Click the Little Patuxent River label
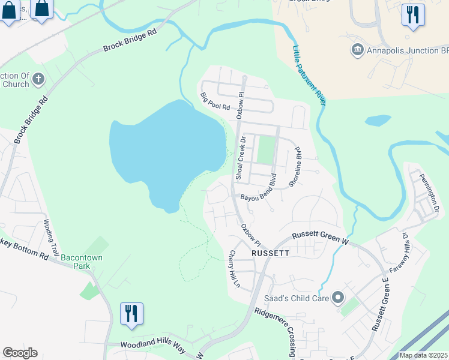pyautogui.click(x=310, y=76)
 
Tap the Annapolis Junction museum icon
pyautogui.click(x=358, y=50)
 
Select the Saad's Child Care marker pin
pyautogui.click(x=338, y=298)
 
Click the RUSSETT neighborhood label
pyautogui.click(x=270, y=253)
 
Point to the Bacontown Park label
pyautogui.click(x=83, y=262)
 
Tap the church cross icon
pyautogui.click(x=38, y=79)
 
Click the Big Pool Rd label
pyautogui.click(x=215, y=101)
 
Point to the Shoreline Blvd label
pyautogui.click(x=295, y=168)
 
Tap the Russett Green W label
pyautogui.click(x=321, y=238)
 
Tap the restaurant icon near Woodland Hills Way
pyautogui.click(x=131, y=314)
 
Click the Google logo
pyautogui.click(x=20, y=353)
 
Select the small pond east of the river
pyautogui.click(x=378, y=121)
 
